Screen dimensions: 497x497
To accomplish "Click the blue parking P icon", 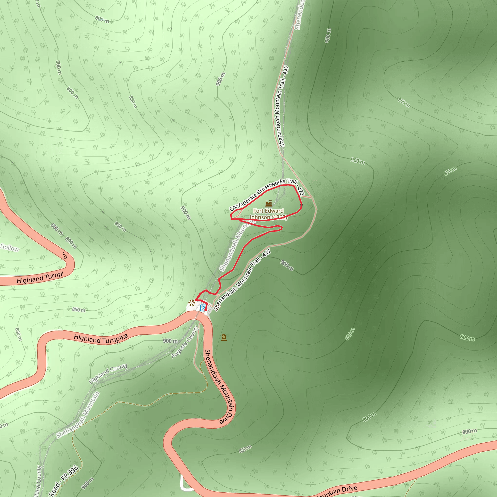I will click(x=203, y=308).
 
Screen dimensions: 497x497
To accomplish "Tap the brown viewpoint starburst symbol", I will click(x=191, y=303).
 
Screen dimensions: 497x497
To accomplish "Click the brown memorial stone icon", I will click(x=224, y=338).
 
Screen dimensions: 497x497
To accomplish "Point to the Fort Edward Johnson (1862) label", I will click(x=268, y=214).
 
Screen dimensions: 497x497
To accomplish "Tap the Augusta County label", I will click(x=185, y=342).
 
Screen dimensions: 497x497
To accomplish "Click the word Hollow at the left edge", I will click(x=9, y=248).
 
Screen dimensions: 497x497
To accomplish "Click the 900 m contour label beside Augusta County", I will click(x=170, y=341).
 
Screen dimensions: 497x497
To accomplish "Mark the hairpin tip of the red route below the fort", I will click(x=282, y=228).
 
